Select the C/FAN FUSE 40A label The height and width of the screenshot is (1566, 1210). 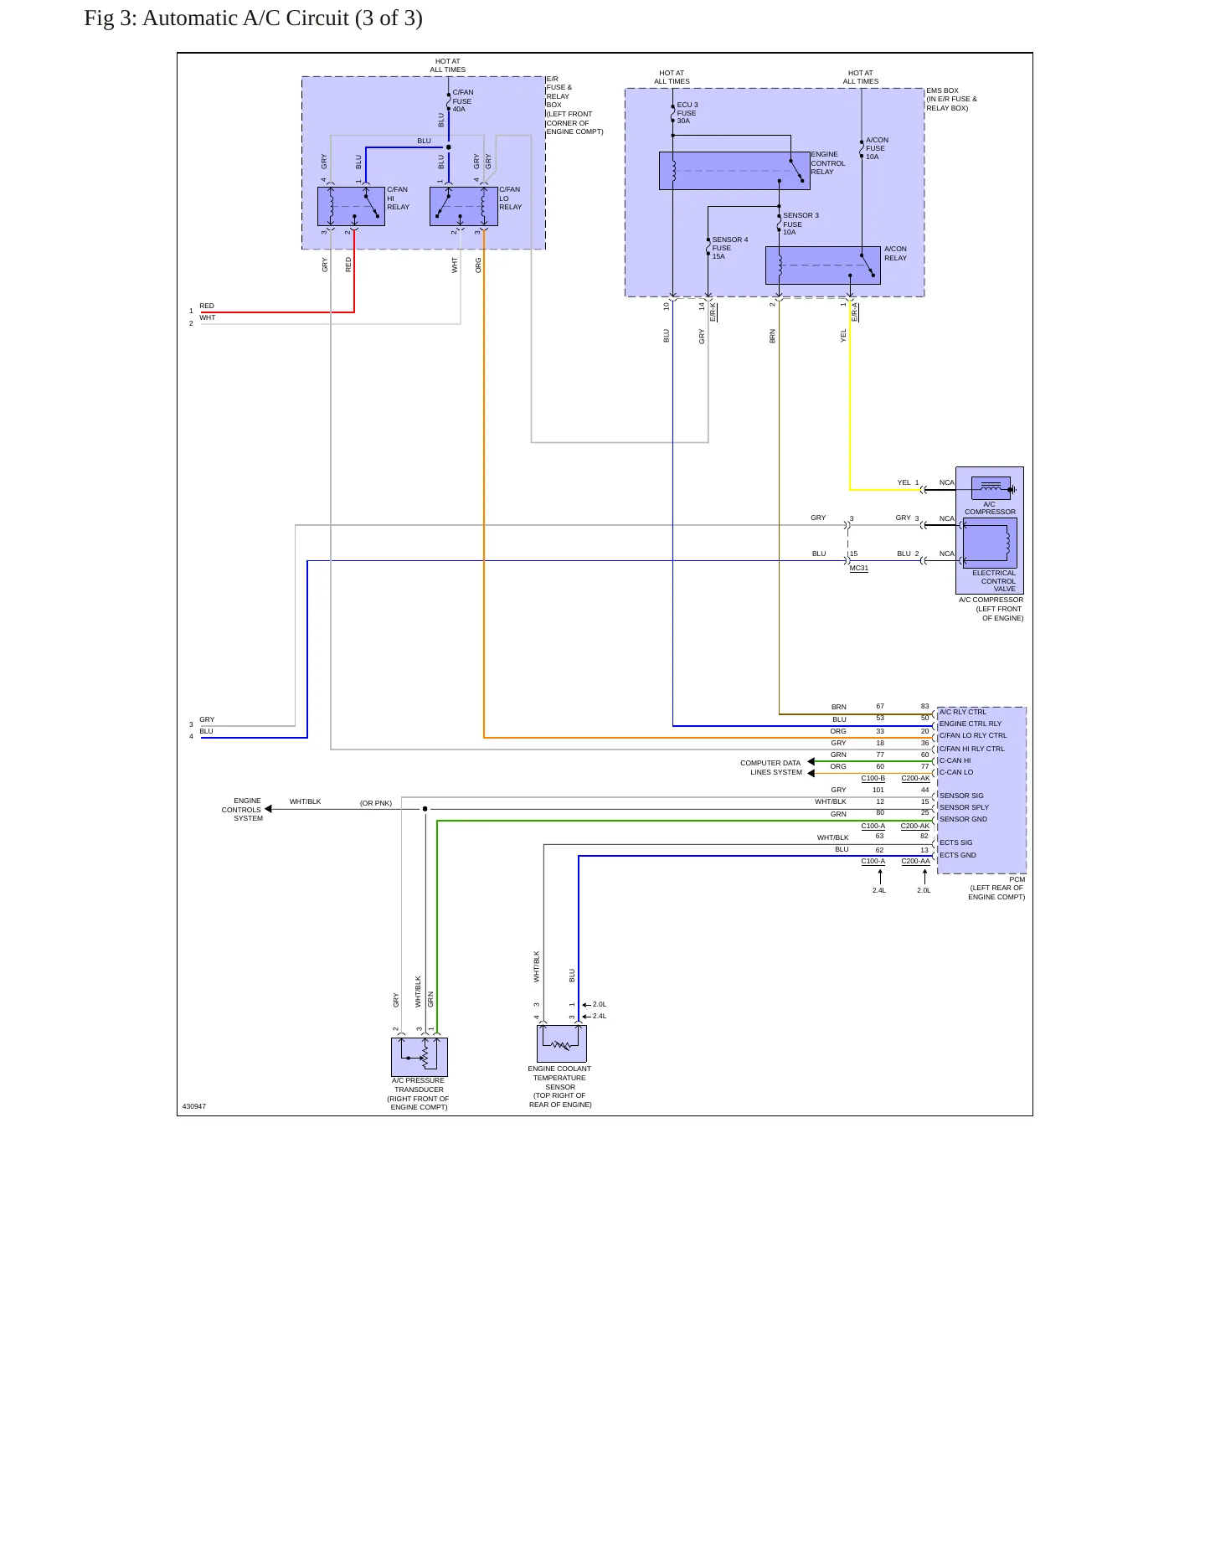(462, 100)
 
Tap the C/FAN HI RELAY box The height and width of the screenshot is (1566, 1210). (351, 206)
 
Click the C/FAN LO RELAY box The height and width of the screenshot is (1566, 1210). (464, 206)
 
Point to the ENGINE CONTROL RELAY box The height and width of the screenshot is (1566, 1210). (734, 171)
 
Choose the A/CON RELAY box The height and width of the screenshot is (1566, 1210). (823, 265)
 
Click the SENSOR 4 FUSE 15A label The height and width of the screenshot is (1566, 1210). (730, 248)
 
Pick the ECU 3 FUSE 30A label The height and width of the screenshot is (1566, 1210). (687, 113)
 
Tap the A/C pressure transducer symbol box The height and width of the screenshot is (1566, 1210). (420, 1057)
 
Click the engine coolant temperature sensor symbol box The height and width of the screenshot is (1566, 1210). (561, 1043)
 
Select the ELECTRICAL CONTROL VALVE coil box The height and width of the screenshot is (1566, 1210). (990, 543)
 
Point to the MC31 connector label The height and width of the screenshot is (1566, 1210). (859, 569)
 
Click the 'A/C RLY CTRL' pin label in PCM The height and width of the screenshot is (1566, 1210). (963, 712)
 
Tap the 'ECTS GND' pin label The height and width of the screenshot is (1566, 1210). (958, 855)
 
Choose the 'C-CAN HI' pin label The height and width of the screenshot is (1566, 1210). (955, 760)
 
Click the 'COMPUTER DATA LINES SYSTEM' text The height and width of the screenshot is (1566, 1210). (771, 767)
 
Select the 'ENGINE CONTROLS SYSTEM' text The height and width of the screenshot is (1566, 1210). (242, 810)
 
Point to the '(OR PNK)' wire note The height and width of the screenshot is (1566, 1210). (376, 803)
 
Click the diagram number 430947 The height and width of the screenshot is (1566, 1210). (194, 1106)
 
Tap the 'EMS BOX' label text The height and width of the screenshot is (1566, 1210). (943, 90)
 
